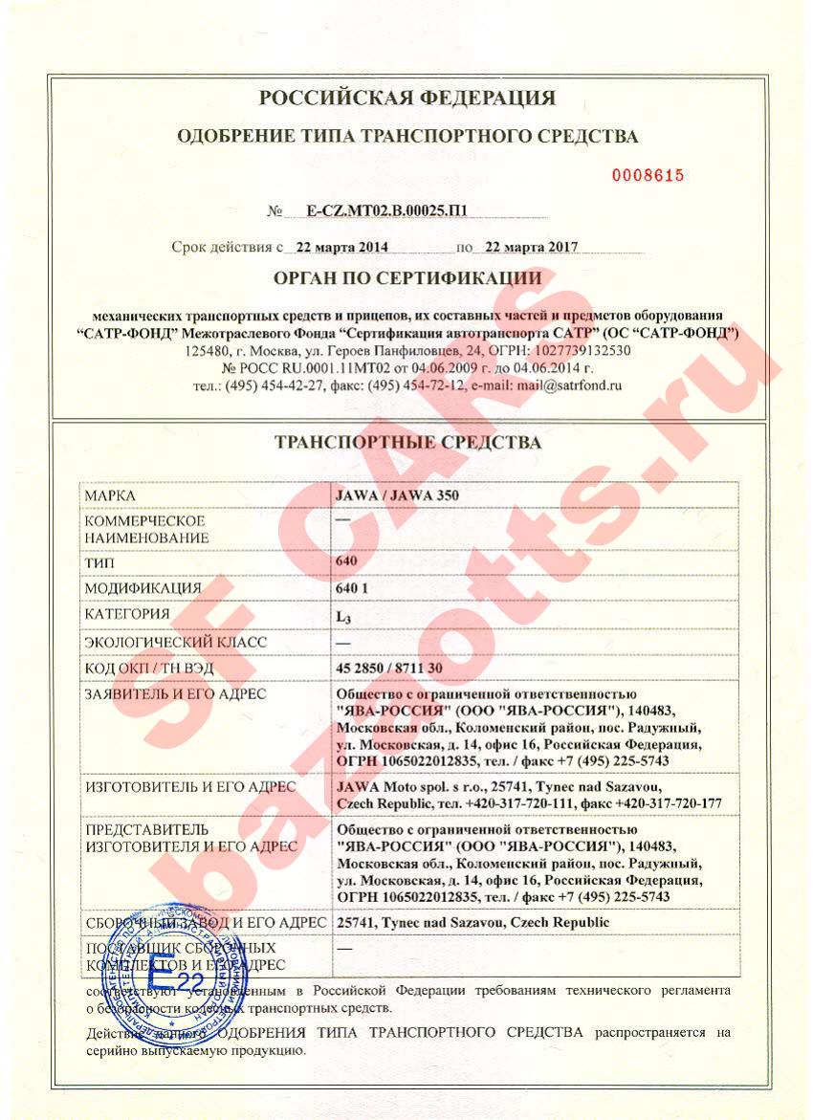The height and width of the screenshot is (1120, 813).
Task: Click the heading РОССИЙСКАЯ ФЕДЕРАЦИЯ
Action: tap(407, 99)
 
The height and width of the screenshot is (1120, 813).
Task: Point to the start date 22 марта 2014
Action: tap(341, 247)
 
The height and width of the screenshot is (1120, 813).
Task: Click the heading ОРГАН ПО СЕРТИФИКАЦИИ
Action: tap(407, 279)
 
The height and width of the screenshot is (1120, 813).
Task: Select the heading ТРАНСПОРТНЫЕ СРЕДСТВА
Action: tap(407, 443)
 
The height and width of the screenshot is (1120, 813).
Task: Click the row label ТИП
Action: tap(100, 563)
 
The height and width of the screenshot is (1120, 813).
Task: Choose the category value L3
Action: tap(343, 615)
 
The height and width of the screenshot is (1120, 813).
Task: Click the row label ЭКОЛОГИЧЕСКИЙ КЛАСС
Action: tap(176, 642)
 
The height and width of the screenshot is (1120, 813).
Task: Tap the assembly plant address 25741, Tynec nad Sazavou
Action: tap(472, 922)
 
